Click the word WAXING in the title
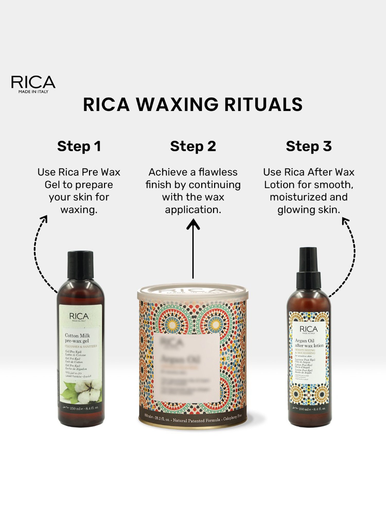pyautogui.click(x=177, y=105)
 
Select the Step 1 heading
pyautogui.click(x=79, y=146)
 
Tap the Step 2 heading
pyautogui.click(x=193, y=146)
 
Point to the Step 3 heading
pyautogui.click(x=309, y=146)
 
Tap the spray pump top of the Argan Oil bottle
pyautogui.click(x=308, y=269)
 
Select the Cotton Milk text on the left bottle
pyautogui.click(x=77, y=335)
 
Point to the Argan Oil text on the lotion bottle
pyautogui.click(x=304, y=341)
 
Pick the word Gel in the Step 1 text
pyautogui.click(x=51, y=185)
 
